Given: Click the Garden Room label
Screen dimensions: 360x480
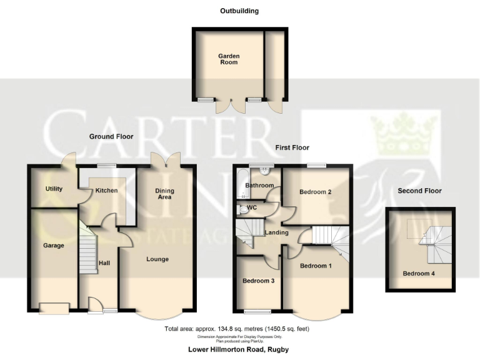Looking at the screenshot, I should (229, 59).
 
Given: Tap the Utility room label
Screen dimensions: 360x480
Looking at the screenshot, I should (54, 189).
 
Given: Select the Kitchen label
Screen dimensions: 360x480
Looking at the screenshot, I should (106, 190).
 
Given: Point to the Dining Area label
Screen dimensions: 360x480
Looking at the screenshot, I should (164, 194).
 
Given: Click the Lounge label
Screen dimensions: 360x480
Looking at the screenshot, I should (157, 259).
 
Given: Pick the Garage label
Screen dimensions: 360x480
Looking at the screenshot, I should (54, 246).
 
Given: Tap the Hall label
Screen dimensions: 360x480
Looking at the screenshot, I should (104, 263).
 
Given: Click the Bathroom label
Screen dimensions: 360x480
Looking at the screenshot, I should (259, 186).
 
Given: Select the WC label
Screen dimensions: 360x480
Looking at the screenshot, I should (252, 207).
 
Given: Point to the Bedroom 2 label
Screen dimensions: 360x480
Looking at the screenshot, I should (315, 192).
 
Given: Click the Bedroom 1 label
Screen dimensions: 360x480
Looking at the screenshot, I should (316, 266).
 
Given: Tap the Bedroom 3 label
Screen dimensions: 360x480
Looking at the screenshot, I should (258, 281).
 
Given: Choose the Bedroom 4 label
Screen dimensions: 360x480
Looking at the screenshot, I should (418, 274).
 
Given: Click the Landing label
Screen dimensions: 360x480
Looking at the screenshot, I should (276, 233).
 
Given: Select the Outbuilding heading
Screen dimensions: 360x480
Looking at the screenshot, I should (239, 11).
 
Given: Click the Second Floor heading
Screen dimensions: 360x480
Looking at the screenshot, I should (420, 191).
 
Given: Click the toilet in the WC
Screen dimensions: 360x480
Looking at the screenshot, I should (243, 209).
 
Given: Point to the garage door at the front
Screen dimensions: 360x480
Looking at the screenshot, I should (54, 308).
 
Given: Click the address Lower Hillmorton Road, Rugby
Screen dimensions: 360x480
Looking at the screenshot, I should (240, 350).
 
